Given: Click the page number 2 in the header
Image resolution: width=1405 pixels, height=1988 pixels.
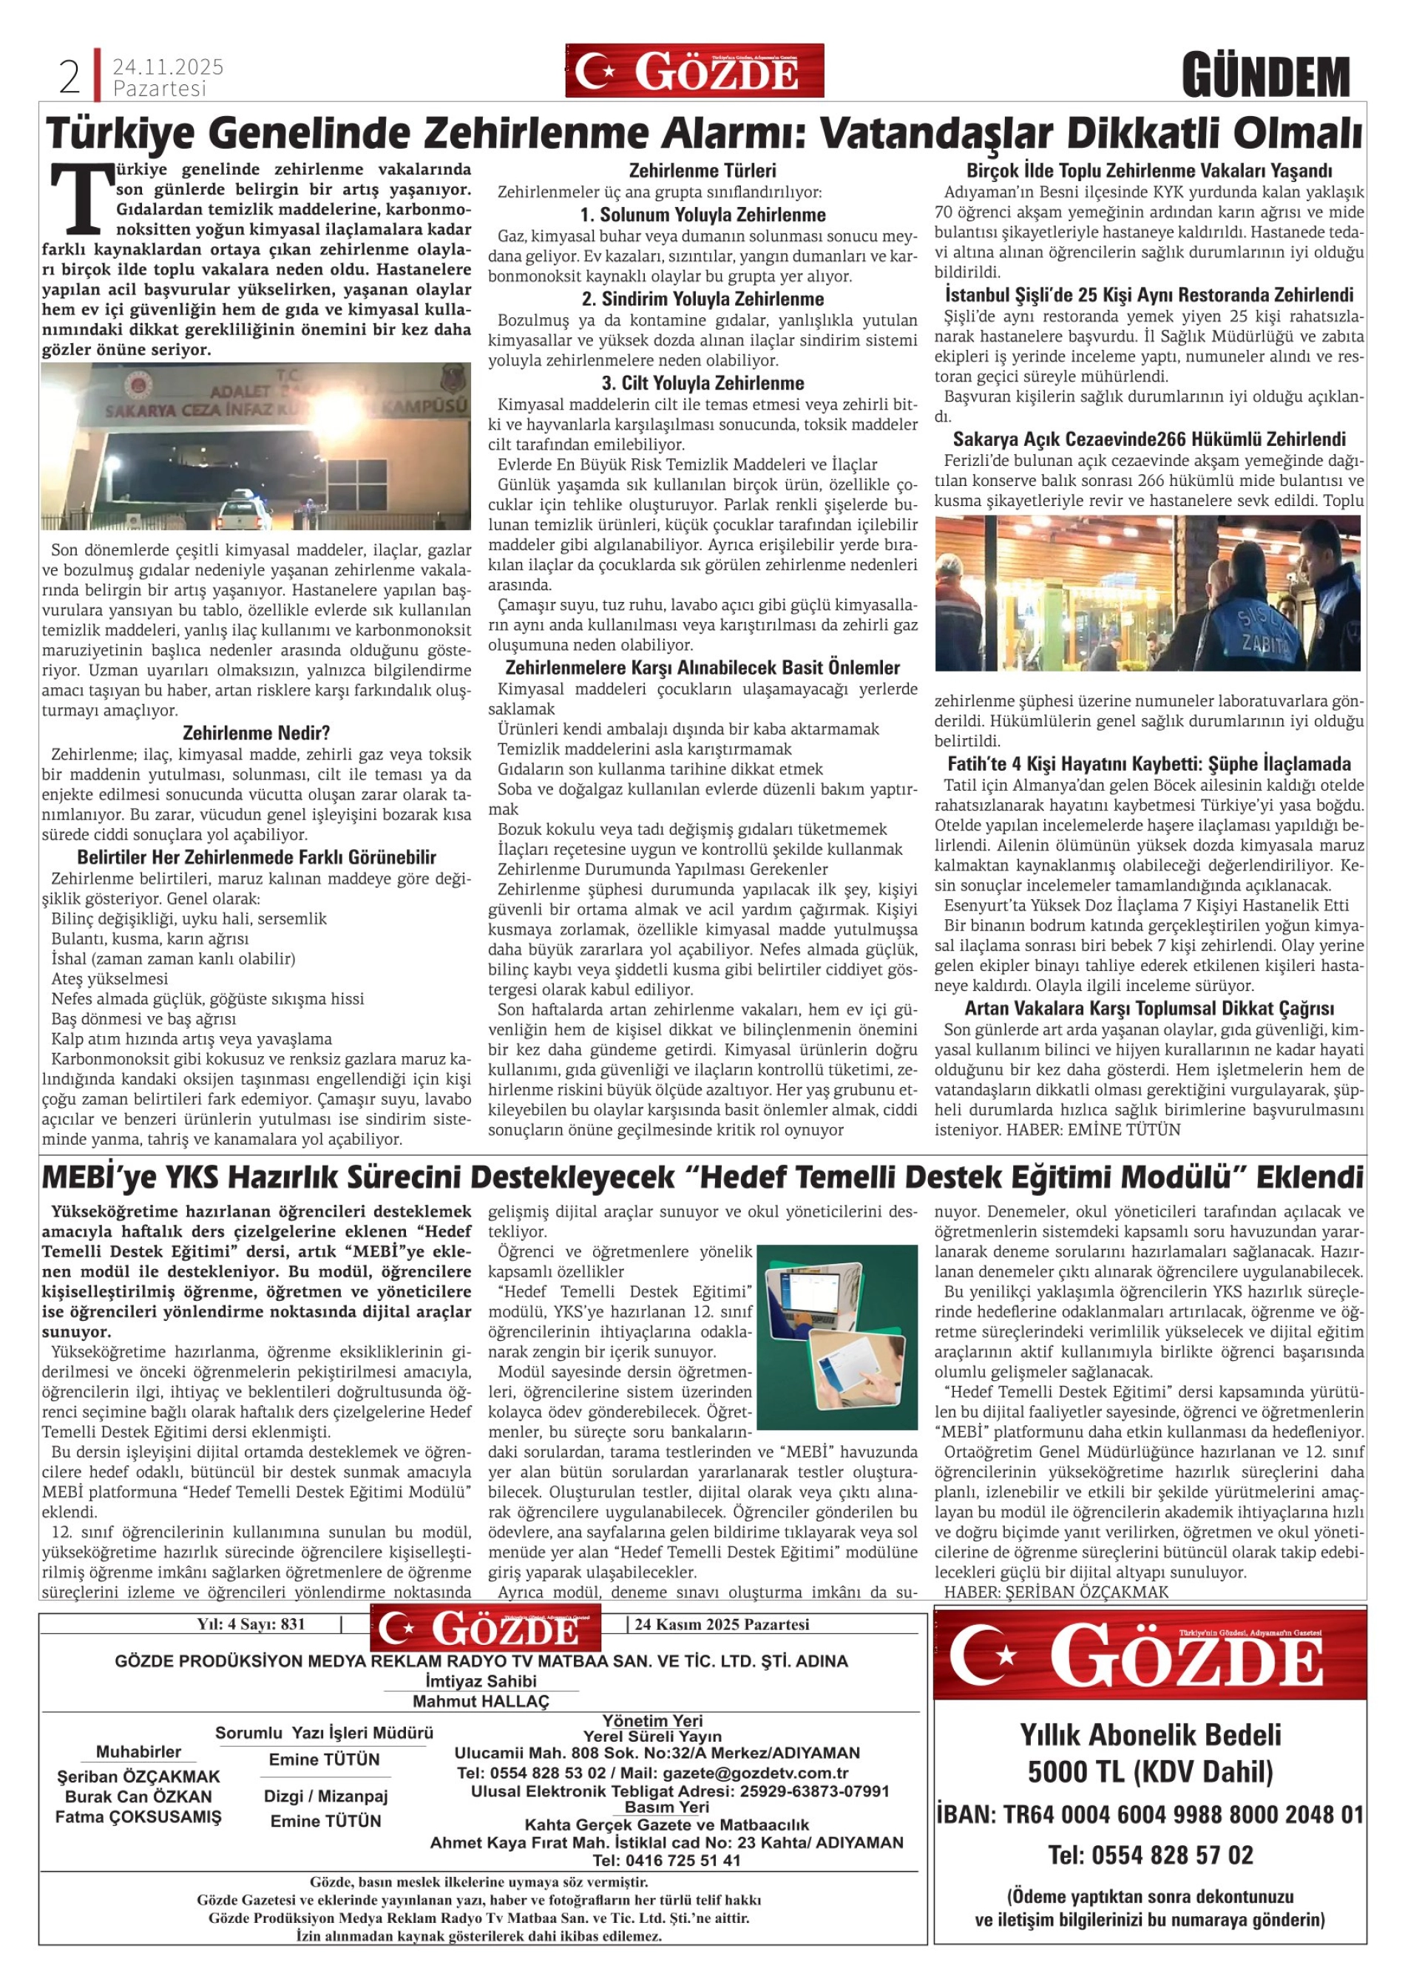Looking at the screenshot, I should pos(70,78).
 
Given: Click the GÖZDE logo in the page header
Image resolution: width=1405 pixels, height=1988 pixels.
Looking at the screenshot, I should pos(694,71).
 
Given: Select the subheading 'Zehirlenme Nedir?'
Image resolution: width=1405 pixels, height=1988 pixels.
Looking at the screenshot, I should pos(257,732).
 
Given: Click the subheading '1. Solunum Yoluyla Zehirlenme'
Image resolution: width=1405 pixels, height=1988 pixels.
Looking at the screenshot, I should pos(703,214).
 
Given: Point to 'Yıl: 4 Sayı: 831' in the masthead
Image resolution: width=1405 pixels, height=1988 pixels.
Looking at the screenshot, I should pos(251,1624).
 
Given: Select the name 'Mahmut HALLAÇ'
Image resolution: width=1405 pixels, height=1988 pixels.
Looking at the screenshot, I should pos(481,1701).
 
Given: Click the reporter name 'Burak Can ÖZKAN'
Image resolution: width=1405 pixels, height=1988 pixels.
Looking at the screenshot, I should pos(138,1796).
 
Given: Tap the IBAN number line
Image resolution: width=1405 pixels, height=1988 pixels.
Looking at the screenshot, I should pos(1150,1815).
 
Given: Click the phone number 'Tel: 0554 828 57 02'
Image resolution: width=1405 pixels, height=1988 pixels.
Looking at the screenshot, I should pos(1150,1855).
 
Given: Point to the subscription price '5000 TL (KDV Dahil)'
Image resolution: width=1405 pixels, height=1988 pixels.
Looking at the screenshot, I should pos(1150,1772).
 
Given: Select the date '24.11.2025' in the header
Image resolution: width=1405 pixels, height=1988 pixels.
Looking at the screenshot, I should pos(168,67).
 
